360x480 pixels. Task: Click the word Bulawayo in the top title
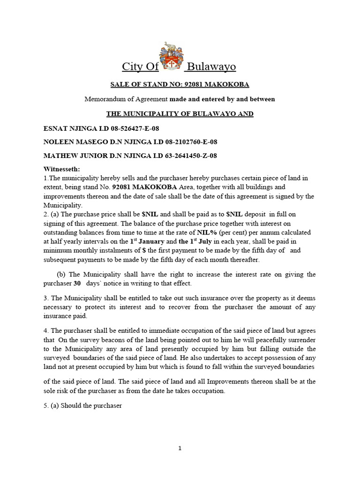click(x=211, y=67)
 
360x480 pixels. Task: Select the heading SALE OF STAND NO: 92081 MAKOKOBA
click(x=180, y=84)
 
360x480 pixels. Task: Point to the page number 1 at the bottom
click(x=180, y=448)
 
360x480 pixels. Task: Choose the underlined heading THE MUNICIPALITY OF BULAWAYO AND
click(x=180, y=114)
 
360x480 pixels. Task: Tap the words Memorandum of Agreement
click(x=126, y=99)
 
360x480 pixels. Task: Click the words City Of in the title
click(x=140, y=67)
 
